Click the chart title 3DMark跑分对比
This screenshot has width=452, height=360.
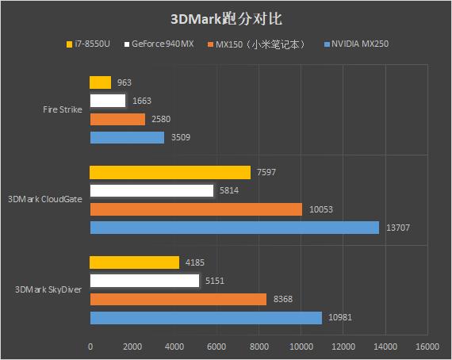pyautogui.click(x=225, y=17)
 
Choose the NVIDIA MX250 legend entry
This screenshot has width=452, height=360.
pyautogui.click(x=357, y=44)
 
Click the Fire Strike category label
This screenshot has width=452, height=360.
pyautogui.click(x=62, y=109)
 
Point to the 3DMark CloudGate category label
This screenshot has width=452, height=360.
pyautogui.click(x=45, y=199)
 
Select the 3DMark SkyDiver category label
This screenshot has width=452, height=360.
pyautogui.click(x=48, y=289)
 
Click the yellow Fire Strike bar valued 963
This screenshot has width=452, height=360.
pyautogui.click(x=100, y=82)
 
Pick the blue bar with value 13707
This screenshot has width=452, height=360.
pyautogui.click(x=234, y=228)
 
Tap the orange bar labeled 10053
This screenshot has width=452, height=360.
pyautogui.click(x=196, y=209)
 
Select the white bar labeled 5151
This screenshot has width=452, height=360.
pyautogui.click(x=144, y=281)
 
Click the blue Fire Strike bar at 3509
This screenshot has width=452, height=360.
pyautogui.click(x=127, y=137)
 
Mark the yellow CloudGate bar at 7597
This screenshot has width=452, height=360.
pyautogui.click(x=170, y=173)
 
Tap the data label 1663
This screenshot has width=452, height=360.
pyautogui.click(x=142, y=101)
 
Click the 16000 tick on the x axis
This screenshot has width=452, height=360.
pyautogui.click(x=427, y=347)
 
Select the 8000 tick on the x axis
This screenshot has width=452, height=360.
pyautogui.click(x=259, y=347)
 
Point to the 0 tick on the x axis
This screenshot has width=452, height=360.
pyautogui.click(x=90, y=347)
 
